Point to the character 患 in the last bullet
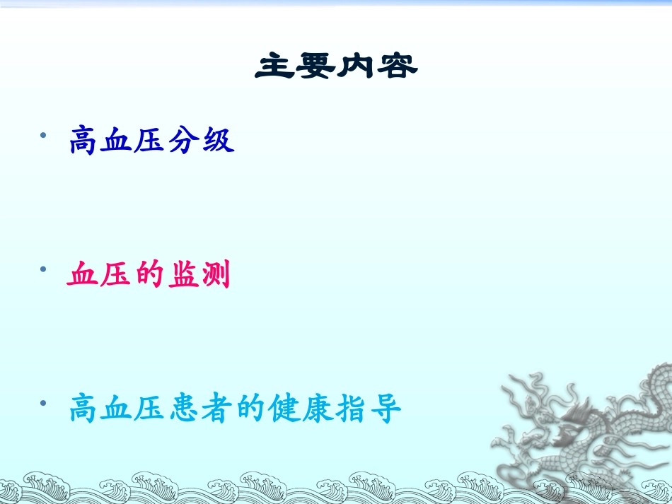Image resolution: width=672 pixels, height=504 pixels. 185,409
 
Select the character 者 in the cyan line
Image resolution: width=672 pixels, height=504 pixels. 218,409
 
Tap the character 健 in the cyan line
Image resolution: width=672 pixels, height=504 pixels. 285,409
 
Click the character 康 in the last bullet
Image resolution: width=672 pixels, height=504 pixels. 318,409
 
